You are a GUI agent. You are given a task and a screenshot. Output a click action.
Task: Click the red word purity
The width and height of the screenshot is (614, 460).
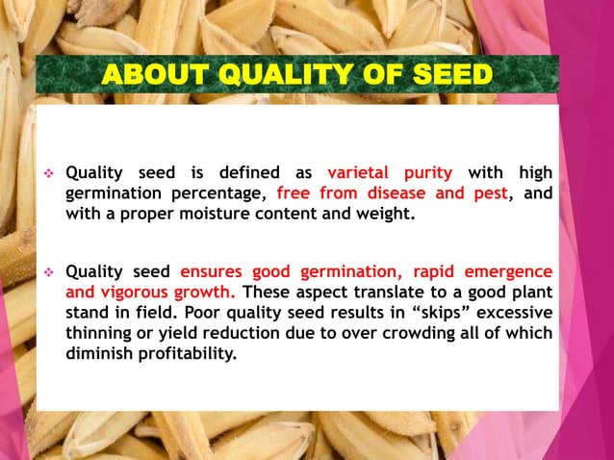click(427, 173)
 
